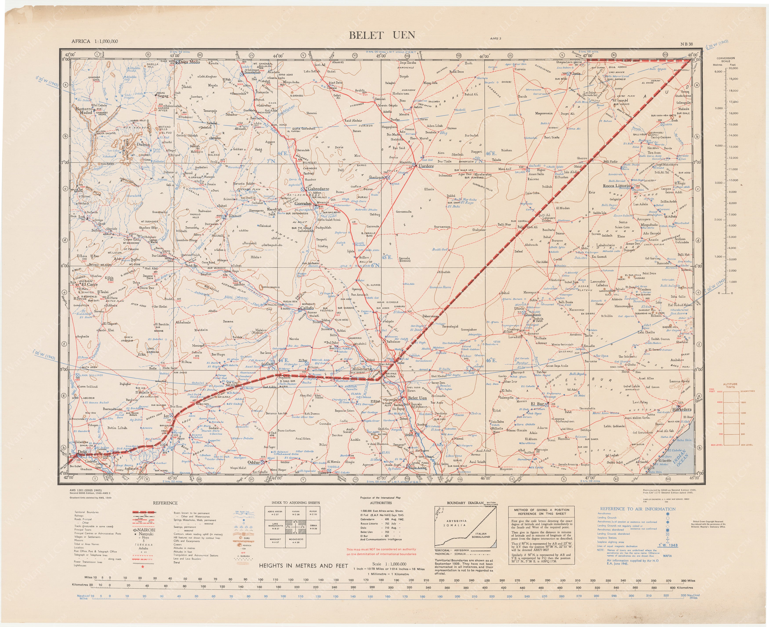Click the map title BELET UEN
click(x=382, y=35)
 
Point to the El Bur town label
click(x=537, y=404)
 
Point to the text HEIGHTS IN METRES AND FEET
click(x=304, y=566)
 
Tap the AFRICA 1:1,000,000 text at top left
click(x=94, y=41)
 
